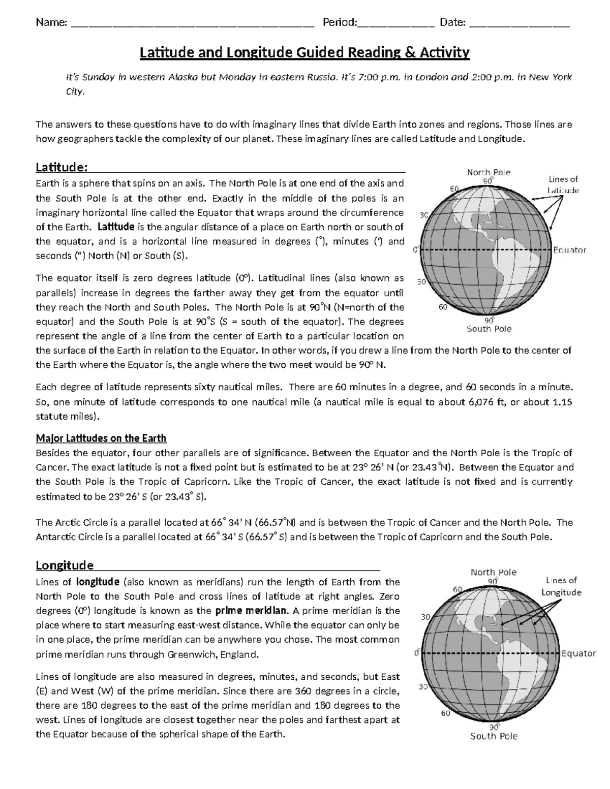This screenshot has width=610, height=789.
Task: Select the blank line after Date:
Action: coord(518,23)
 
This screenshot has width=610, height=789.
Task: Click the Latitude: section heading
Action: coord(62,167)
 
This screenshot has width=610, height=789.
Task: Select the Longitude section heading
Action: coord(65,565)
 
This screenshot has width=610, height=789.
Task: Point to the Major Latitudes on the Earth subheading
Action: coord(101,438)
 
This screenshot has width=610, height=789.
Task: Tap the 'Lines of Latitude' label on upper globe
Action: coord(563,184)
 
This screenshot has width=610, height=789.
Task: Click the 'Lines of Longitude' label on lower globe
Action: coord(561,586)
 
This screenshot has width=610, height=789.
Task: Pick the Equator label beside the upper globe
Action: coord(569,250)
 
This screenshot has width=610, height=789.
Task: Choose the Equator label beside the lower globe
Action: coord(578,653)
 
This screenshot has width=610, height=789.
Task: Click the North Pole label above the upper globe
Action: coord(489,172)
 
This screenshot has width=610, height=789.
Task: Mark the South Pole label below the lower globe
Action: coord(494,736)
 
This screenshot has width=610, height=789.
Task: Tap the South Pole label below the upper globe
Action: coord(489,329)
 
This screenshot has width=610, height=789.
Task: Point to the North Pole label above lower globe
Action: coord(493,572)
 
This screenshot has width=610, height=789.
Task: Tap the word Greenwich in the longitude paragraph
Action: coord(192,654)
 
